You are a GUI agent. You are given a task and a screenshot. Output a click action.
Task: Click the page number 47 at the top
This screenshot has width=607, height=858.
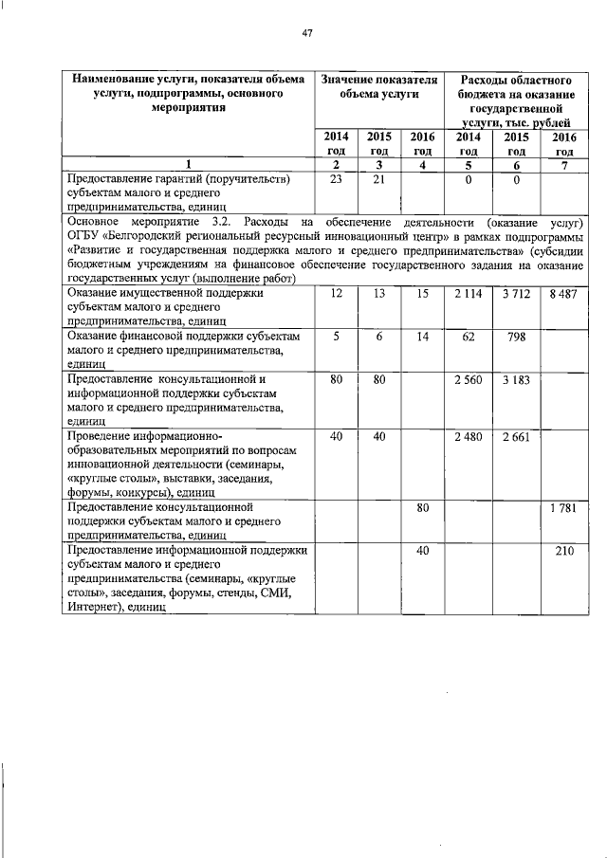pos(306,34)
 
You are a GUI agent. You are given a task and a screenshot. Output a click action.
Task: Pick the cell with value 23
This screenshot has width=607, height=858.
pos(336,178)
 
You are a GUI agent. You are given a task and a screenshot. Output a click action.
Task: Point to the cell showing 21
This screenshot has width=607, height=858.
pos(379,178)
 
